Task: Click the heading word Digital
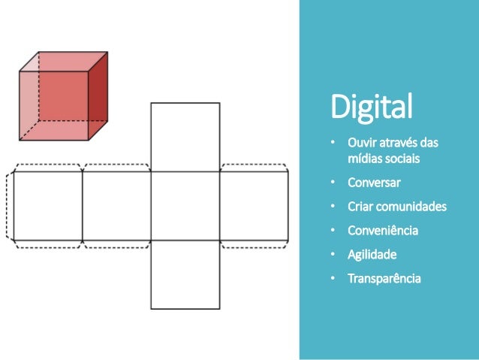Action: pos(372,107)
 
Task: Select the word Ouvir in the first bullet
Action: pos(360,143)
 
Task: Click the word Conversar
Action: pos(374,183)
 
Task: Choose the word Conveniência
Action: pos(382,230)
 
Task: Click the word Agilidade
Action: pos(372,254)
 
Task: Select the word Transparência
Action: pos(384,278)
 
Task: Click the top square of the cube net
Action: pos(185,137)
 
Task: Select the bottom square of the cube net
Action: pos(185,274)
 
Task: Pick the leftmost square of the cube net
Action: pos(47,206)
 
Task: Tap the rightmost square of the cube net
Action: pos(254,206)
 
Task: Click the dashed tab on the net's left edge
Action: pos(9,206)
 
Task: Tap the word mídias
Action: pos(363,159)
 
